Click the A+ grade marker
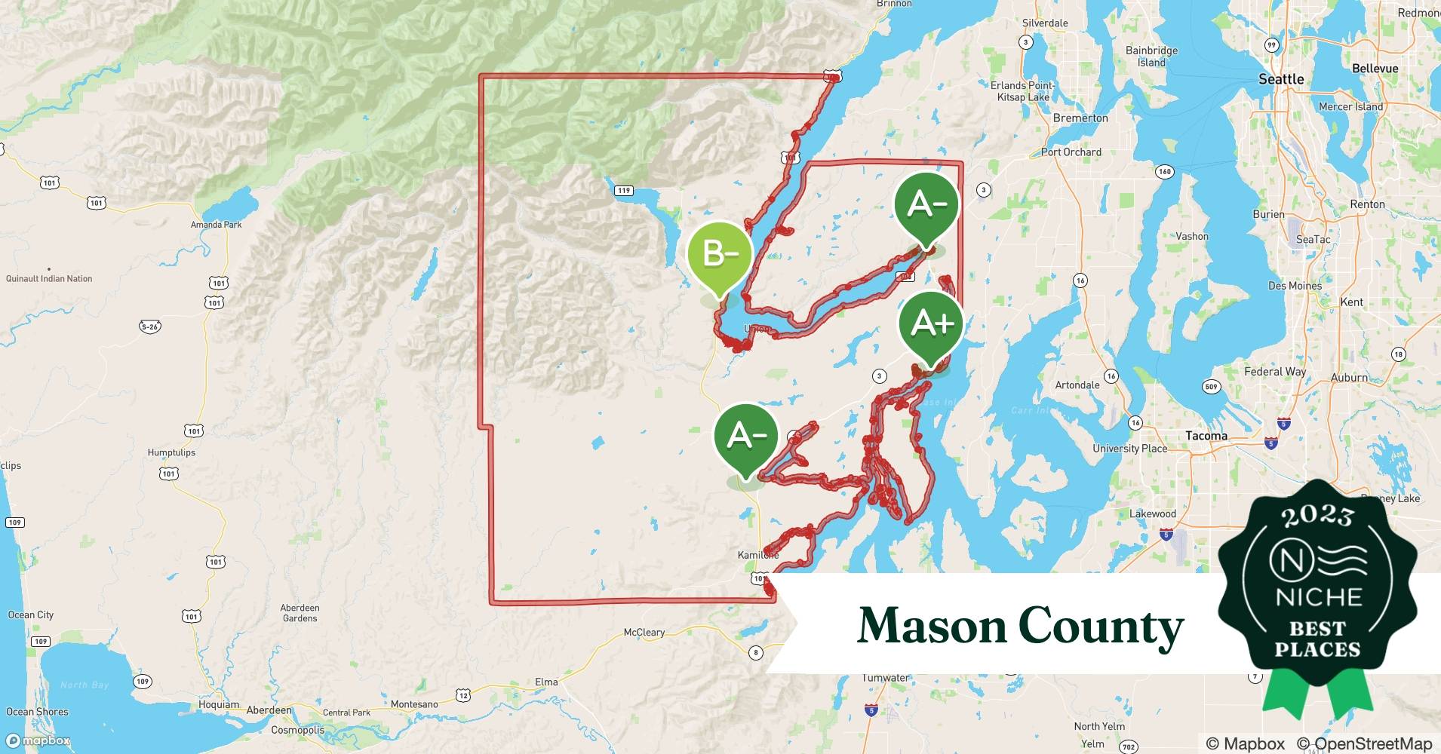(x=931, y=324)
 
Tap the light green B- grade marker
(x=720, y=255)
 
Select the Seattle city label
(x=1281, y=79)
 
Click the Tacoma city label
(x=1206, y=436)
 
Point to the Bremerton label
(x=1080, y=118)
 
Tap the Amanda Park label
(x=217, y=225)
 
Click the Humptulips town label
(x=171, y=452)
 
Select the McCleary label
(x=644, y=633)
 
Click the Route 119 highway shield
(x=623, y=190)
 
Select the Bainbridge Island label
(x=1151, y=57)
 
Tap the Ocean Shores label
(x=37, y=712)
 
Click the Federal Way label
(x=1275, y=372)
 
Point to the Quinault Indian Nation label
(x=49, y=279)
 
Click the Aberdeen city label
(x=269, y=710)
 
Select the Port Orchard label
(x=1071, y=152)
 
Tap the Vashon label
(x=1192, y=237)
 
